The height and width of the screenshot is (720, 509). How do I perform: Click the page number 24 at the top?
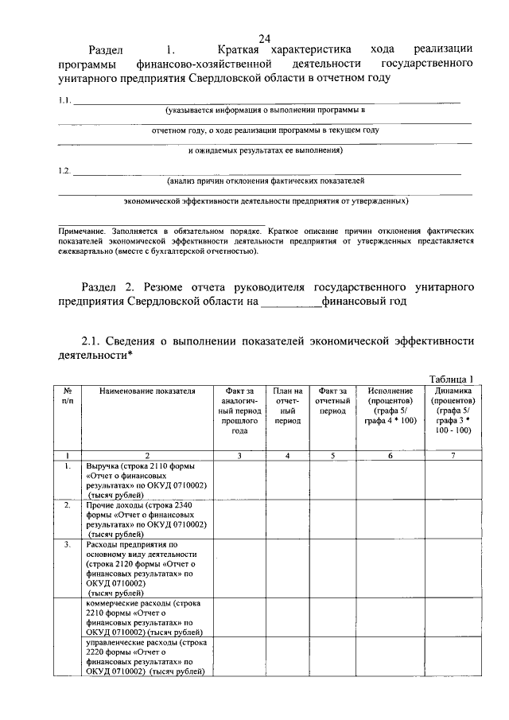[x=264, y=38]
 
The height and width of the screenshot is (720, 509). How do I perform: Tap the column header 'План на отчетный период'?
[x=287, y=405]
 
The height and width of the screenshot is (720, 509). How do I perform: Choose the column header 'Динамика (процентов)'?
[x=453, y=410]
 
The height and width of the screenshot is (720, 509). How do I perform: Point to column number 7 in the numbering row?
[x=453, y=456]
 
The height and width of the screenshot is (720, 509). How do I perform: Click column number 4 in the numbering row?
[x=287, y=456]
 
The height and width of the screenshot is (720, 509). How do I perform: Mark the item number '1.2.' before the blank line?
[x=65, y=170]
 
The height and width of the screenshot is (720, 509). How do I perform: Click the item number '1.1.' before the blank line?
[x=65, y=100]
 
